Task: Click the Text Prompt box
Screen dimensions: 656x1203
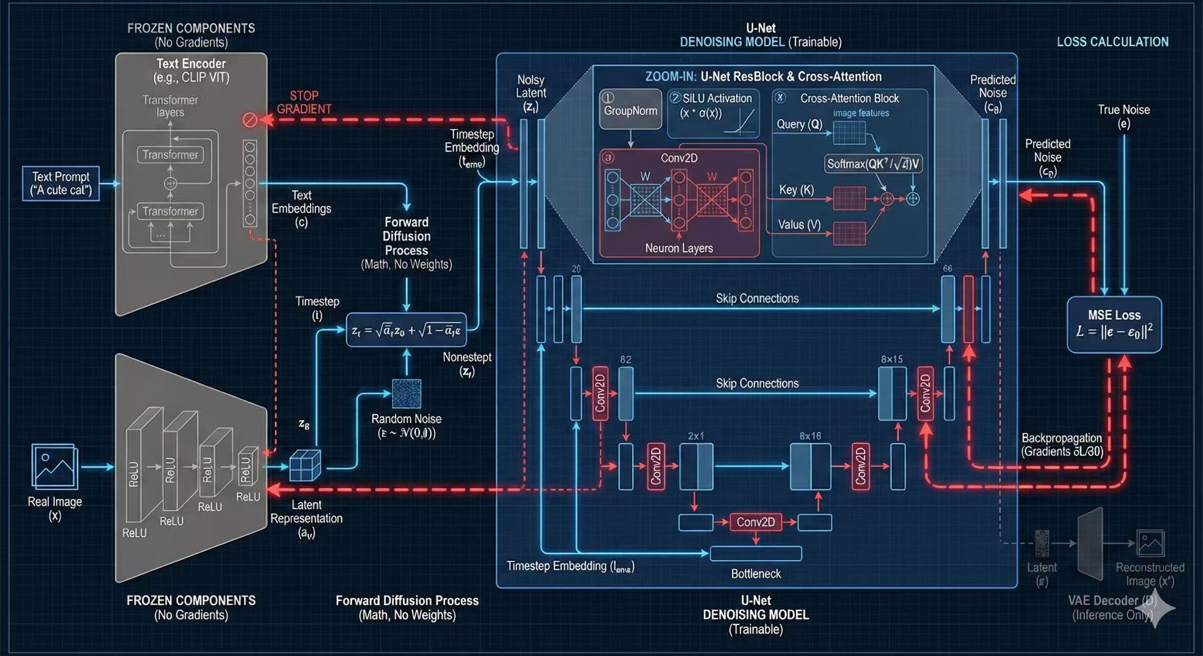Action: click(x=61, y=183)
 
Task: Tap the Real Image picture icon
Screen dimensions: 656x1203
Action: click(x=54, y=466)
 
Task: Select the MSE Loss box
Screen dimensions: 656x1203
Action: click(x=1114, y=324)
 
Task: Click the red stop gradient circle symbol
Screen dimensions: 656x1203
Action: click(x=250, y=120)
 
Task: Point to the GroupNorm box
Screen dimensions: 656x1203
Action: click(x=630, y=109)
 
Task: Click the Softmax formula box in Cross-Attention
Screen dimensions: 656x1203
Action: click(x=873, y=164)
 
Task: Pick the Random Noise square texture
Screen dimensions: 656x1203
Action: click(x=407, y=393)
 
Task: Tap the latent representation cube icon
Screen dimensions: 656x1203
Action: click(x=305, y=465)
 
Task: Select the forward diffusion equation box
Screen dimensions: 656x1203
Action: click(x=406, y=330)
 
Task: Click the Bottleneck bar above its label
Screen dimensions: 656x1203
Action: click(x=755, y=553)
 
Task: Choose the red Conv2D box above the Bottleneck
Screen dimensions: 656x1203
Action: click(x=755, y=522)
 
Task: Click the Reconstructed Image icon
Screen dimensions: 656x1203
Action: click(x=1150, y=543)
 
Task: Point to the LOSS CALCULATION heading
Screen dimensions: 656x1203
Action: click(x=1112, y=42)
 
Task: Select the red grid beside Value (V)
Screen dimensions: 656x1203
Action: click(x=849, y=233)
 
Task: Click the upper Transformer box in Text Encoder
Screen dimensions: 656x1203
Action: click(x=170, y=155)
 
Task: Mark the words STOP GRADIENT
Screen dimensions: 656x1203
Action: click(x=304, y=102)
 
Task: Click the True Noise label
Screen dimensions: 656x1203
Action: click(x=1124, y=116)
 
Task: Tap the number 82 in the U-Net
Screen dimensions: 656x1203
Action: click(x=626, y=360)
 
